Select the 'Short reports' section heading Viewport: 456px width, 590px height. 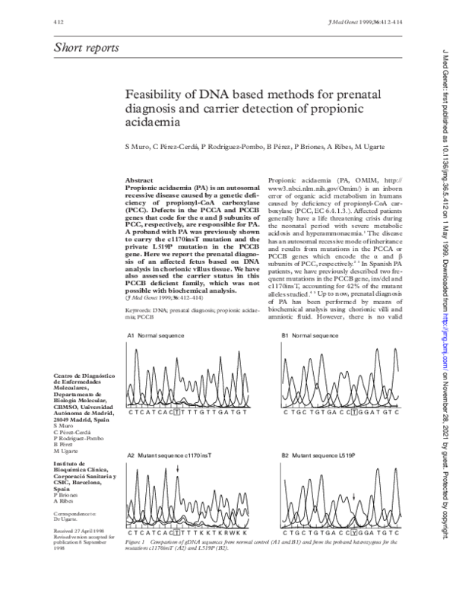point(86,49)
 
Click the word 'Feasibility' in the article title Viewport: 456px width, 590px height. point(157,94)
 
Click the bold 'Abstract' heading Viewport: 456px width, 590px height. point(139,179)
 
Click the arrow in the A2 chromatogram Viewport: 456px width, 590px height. point(177,471)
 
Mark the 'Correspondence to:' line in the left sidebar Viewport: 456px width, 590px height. point(75,512)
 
